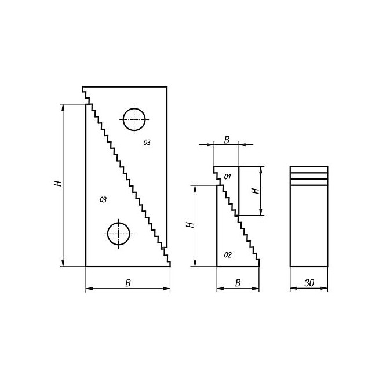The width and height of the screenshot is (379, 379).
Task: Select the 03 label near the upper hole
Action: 147,143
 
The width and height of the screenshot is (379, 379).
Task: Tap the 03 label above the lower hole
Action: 103,200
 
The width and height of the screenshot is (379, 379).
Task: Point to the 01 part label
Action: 227,177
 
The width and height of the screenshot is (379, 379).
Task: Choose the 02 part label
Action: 228,255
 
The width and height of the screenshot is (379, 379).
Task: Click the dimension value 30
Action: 309,283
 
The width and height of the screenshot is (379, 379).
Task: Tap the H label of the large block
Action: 58,184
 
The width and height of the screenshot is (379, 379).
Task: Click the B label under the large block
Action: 128,283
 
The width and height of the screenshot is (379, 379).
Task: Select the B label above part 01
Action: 227,140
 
